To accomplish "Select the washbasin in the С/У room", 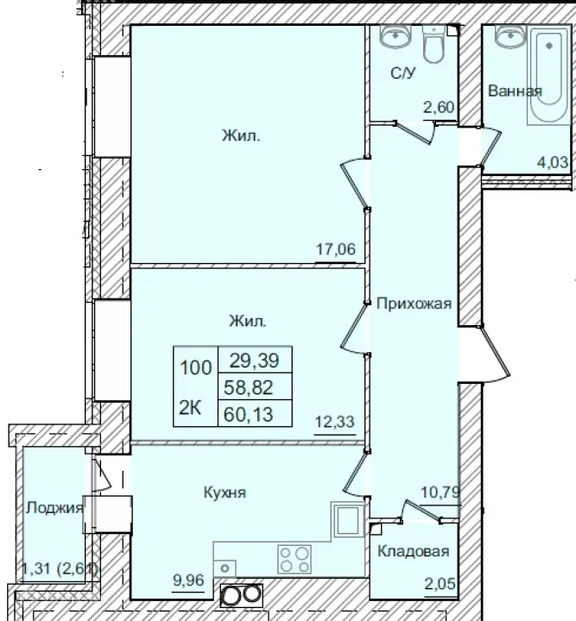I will (x=396, y=37).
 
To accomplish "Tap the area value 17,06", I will (x=337, y=250).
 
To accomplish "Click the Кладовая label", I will (x=414, y=552).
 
